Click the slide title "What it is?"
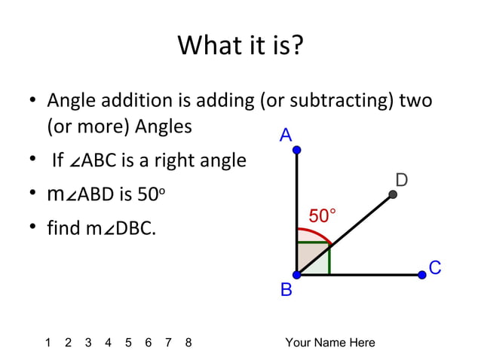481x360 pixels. pos(240,46)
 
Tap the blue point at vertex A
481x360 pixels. pos(297,151)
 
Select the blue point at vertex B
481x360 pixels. pos(297,275)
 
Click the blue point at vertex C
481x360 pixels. pos(422,275)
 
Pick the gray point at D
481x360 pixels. pos(393,195)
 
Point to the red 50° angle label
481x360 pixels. pos(322,216)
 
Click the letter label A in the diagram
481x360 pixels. pos(286,136)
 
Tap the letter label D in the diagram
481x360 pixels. pos(402,179)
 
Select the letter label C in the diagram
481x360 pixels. pos(435,268)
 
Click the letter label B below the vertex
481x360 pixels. pos(286,290)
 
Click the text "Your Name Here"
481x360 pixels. pos(330,343)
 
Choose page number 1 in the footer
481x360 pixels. pos(48,343)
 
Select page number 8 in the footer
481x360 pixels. pos(188,343)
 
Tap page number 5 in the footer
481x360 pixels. pos(128,343)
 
